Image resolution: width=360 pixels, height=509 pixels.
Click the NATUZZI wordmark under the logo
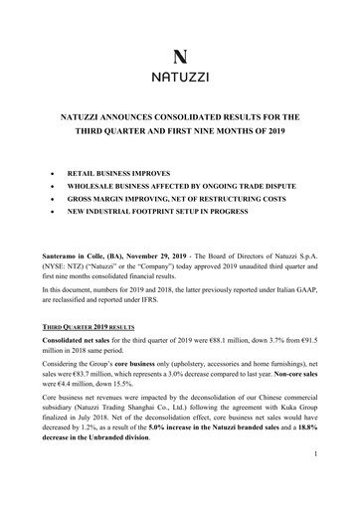[180, 75]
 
